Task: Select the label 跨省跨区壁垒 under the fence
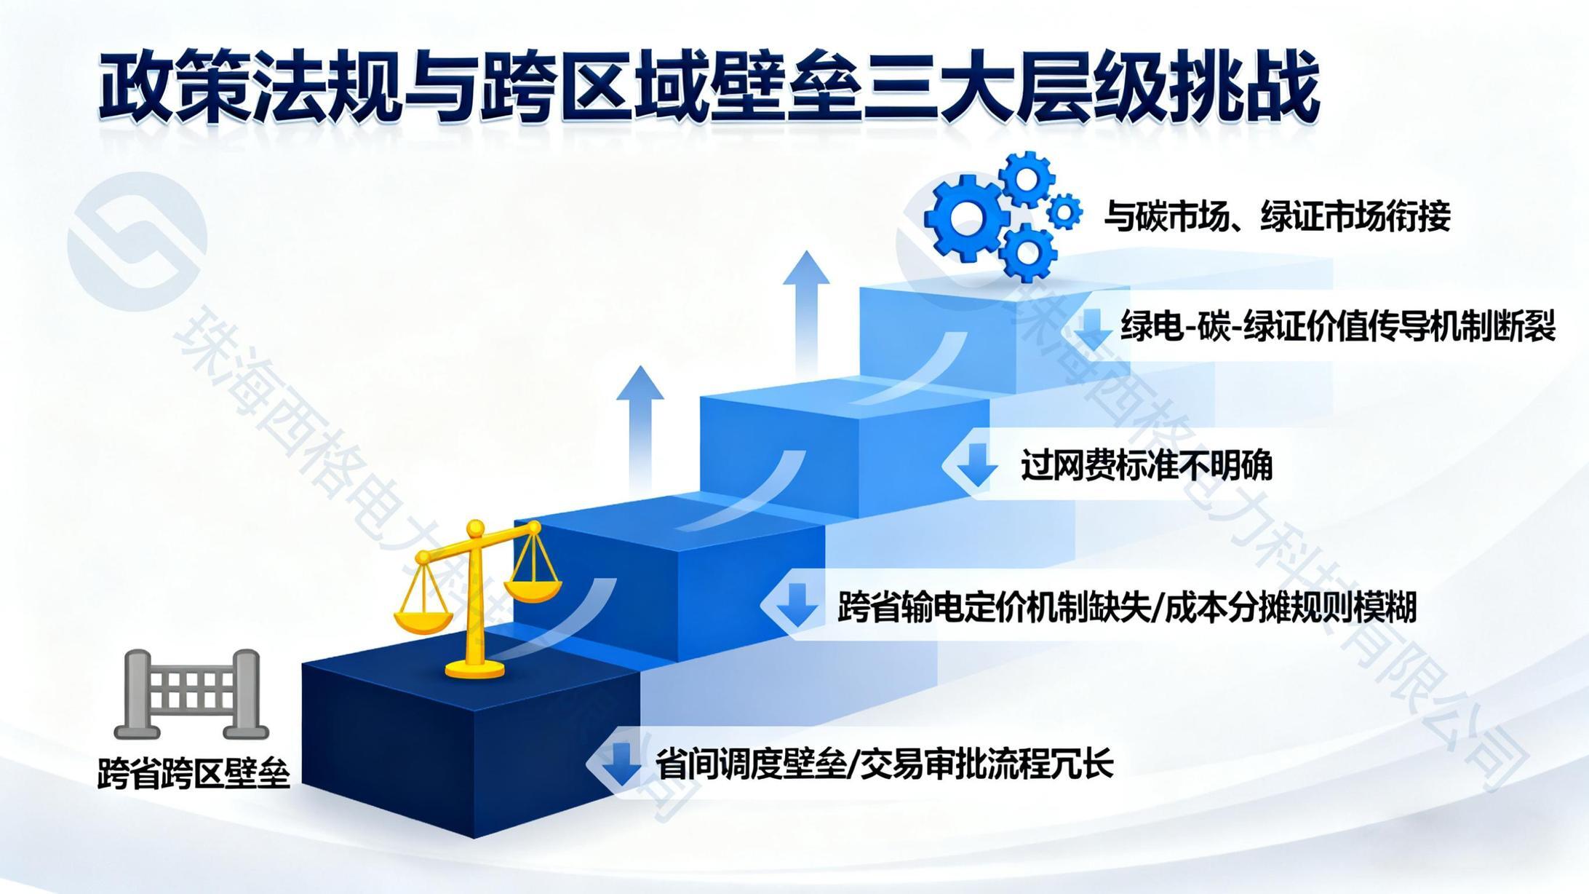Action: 194,772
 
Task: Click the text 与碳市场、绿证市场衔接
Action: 1277,215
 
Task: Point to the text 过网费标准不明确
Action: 1147,465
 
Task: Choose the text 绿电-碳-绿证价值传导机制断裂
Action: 1338,325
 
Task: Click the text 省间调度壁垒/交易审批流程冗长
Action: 885,764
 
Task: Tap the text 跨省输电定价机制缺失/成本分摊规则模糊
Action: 1127,607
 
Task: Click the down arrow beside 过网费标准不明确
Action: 976,464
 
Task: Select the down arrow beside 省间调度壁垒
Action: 621,764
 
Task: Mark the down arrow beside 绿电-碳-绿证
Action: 1092,326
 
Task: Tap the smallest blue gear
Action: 1064,213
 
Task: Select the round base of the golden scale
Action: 476,668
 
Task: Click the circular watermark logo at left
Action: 138,242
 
